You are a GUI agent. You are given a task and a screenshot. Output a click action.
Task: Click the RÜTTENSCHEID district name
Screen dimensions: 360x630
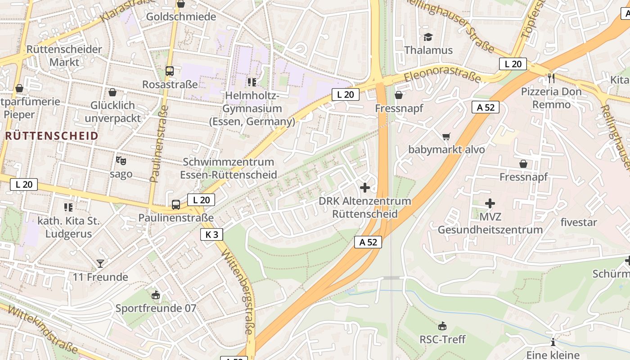(x=52, y=136)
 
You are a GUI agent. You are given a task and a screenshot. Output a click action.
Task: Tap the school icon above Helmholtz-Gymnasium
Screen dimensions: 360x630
(x=252, y=82)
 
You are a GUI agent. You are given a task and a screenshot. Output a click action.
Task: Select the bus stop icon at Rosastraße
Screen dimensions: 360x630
(x=170, y=71)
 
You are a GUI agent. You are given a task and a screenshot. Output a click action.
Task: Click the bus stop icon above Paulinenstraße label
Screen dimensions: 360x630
(x=176, y=205)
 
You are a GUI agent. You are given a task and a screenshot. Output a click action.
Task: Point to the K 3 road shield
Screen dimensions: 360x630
(x=211, y=234)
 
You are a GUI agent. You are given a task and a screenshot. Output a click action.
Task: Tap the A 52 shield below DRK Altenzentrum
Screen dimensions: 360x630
(x=368, y=242)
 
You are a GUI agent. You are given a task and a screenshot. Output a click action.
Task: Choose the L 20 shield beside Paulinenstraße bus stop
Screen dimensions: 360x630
(x=201, y=200)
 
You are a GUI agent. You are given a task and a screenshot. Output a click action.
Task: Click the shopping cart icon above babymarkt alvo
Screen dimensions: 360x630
(x=446, y=136)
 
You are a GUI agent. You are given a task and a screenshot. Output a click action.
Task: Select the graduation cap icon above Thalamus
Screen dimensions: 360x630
(x=427, y=37)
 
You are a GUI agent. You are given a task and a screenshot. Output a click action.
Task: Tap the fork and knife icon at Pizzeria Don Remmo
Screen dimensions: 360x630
(x=551, y=78)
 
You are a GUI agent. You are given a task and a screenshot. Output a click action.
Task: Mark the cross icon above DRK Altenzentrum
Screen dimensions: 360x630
(x=365, y=188)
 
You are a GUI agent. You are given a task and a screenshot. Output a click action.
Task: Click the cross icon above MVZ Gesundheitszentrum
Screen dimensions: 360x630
(x=490, y=203)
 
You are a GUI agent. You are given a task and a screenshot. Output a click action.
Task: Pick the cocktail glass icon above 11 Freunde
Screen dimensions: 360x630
(x=100, y=264)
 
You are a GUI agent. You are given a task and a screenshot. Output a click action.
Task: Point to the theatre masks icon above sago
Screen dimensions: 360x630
(x=121, y=160)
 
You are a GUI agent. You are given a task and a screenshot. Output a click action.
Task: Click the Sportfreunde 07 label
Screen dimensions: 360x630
(x=156, y=308)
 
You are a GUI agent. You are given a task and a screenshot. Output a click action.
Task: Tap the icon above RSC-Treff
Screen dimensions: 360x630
(x=442, y=326)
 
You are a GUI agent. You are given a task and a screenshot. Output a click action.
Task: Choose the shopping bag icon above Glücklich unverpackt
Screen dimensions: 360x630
(x=112, y=92)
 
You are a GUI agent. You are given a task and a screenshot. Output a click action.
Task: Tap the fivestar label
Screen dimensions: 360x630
(x=579, y=222)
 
